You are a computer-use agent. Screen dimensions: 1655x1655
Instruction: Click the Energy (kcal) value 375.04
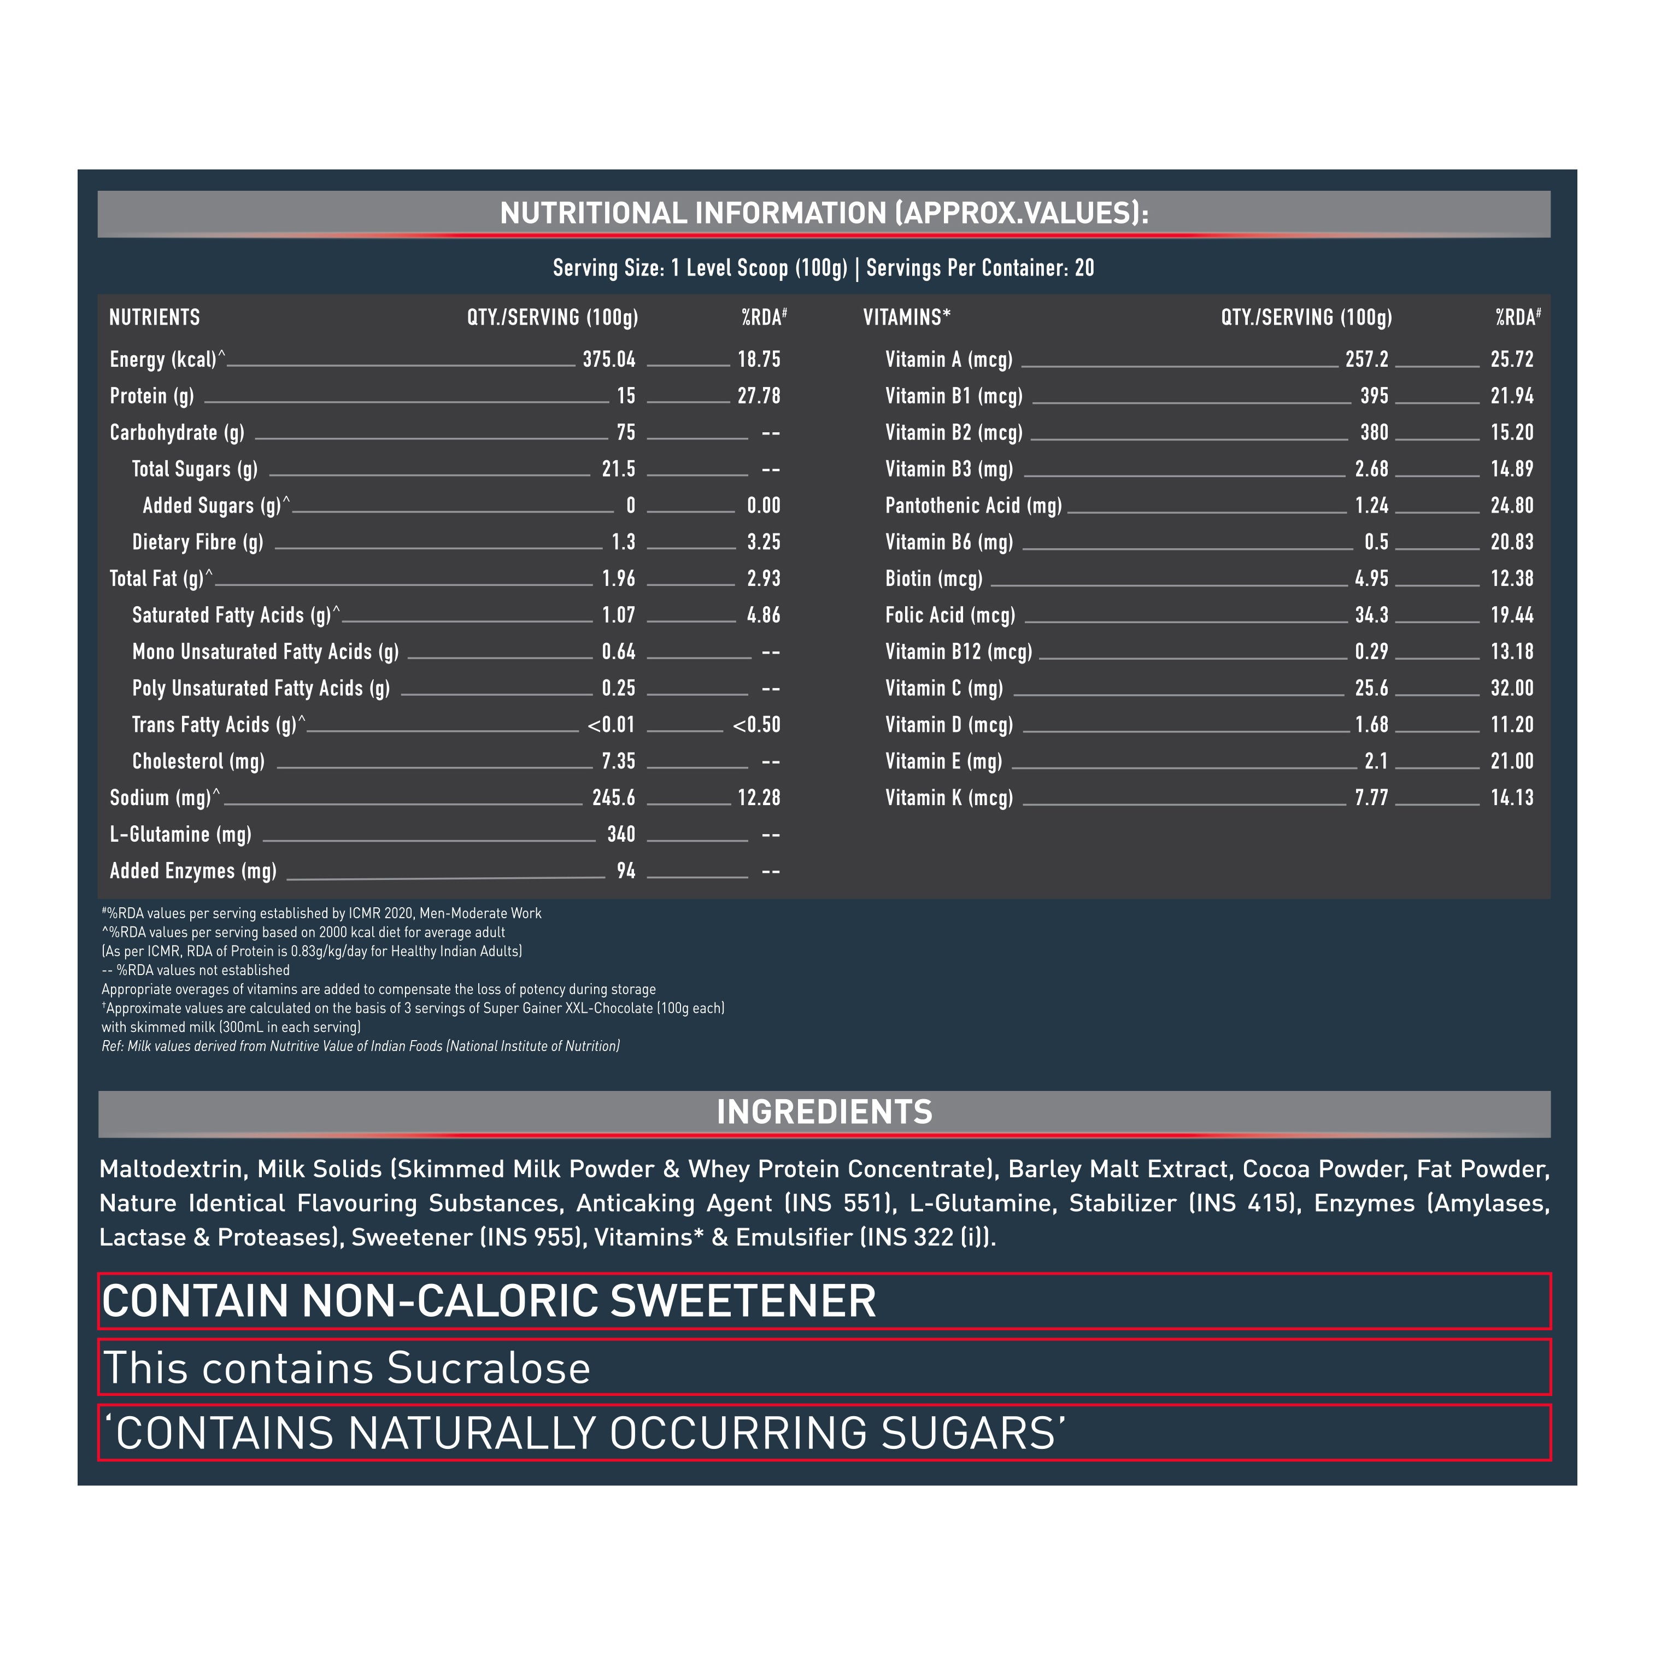[609, 360]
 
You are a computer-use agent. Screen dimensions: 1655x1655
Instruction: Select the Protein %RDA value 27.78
[759, 396]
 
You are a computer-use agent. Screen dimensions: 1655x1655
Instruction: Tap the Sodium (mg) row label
[160, 799]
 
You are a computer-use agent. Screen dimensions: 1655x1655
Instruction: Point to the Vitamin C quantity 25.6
[1371, 689]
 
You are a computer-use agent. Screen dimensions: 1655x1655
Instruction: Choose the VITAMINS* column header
[906, 318]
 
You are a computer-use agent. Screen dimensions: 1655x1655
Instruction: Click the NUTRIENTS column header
[154, 318]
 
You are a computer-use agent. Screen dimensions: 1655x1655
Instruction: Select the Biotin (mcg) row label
[934, 579]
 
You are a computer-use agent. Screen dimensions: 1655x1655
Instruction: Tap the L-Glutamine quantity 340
[621, 835]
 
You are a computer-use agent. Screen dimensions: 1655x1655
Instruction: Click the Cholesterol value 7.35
[619, 761]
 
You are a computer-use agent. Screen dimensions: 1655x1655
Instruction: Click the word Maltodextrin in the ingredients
[173, 1169]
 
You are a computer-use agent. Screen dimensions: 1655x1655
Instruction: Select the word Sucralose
[488, 1368]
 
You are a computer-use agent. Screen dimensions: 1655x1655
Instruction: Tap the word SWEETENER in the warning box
[743, 1301]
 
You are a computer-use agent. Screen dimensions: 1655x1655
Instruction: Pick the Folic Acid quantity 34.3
[1371, 615]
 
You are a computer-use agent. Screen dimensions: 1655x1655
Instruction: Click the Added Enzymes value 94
[626, 871]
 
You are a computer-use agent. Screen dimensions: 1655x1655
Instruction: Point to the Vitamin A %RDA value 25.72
[1512, 360]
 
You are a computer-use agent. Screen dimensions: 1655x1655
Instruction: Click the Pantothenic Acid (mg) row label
[973, 506]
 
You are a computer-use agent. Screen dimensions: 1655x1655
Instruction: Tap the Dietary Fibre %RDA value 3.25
[763, 542]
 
